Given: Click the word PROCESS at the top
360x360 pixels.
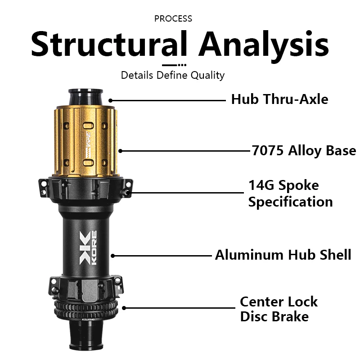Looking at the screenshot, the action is point(173,18).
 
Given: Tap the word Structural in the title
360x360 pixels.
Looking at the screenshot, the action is point(108,44).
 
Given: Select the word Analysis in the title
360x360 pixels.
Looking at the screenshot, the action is point(263,44).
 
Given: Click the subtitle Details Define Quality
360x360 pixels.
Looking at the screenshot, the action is point(173,75).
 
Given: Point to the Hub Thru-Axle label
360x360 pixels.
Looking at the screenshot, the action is point(279,99).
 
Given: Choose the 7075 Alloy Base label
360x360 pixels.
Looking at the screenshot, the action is point(304,150).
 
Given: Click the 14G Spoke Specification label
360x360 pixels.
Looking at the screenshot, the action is point(290,193).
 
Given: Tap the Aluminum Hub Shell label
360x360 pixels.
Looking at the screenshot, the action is point(283,255).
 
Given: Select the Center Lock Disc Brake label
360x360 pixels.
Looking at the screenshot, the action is point(279,309).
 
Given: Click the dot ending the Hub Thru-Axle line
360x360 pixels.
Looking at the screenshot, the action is point(110,100).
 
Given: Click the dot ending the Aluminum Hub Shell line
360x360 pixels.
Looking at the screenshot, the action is point(113,256).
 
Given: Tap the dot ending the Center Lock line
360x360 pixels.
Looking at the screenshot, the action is point(124,308).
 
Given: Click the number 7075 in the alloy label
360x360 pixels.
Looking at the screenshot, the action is point(266,150).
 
